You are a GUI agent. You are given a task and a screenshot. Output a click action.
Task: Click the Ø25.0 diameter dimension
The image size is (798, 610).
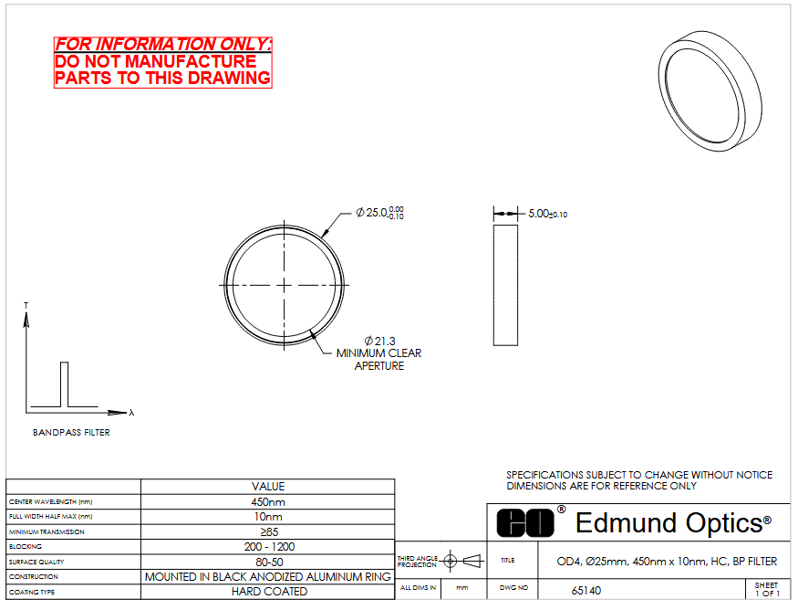(379, 213)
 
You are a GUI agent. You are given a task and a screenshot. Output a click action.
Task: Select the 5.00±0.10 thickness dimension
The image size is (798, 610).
(547, 214)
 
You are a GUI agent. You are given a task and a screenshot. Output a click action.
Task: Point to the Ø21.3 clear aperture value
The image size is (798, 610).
(379, 341)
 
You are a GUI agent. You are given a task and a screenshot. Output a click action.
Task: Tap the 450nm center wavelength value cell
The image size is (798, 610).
(268, 502)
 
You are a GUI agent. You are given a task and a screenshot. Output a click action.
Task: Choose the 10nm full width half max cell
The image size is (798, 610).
(268, 517)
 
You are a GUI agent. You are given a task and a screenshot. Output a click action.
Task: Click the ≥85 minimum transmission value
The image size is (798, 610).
(269, 532)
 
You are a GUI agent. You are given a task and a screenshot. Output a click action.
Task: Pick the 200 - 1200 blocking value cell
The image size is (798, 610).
(268, 547)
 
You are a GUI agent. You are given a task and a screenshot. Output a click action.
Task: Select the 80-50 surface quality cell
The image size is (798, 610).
(268, 563)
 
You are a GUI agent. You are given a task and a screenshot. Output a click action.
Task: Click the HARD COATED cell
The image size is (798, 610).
(268, 592)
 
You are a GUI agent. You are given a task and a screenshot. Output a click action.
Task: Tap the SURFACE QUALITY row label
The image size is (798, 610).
(36, 563)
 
